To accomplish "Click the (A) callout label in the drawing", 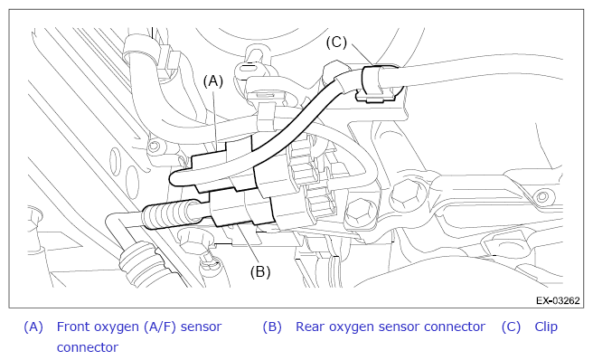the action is click(213, 81).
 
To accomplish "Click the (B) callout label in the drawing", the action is click(260, 271).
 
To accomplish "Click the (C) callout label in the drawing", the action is click(336, 42).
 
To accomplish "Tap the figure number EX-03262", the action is click(558, 300).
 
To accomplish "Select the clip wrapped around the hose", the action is click(376, 83).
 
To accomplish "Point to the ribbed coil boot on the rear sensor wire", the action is click(169, 216).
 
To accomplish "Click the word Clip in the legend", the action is click(546, 327).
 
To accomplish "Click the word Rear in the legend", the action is click(309, 327).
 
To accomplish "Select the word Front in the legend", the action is click(73, 327).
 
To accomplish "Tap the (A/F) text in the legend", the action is click(160, 327).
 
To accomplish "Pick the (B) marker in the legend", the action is click(272, 327).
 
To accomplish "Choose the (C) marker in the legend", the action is click(511, 327).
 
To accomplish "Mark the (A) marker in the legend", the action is click(33, 327).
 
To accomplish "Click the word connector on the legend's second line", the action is click(88, 347).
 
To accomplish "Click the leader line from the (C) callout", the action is click(362, 54).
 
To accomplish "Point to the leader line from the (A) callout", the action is click(215, 119).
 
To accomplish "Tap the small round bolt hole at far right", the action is click(542, 196).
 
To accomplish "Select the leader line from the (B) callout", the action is click(249, 244).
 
